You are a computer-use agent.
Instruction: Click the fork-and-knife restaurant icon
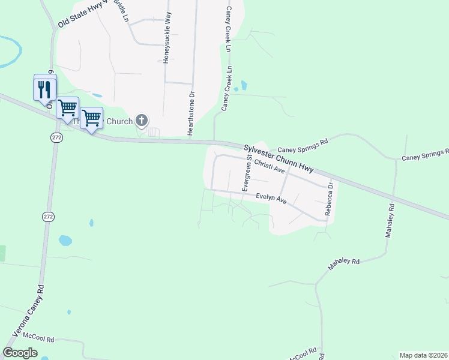click(x=44, y=90)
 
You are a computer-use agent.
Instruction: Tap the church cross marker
click(x=142, y=121)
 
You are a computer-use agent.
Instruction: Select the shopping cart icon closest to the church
click(x=91, y=118)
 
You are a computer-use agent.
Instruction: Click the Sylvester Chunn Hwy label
click(x=282, y=158)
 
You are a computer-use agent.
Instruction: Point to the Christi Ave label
click(x=269, y=166)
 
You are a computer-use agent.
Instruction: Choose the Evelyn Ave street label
click(x=271, y=198)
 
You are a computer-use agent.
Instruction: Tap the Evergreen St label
click(x=246, y=172)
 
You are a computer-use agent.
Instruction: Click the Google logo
click(x=20, y=353)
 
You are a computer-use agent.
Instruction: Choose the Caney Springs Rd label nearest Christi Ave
click(x=304, y=144)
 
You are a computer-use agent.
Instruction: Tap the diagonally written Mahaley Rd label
click(x=343, y=265)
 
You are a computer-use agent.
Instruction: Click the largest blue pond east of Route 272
click(x=65, y=241)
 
